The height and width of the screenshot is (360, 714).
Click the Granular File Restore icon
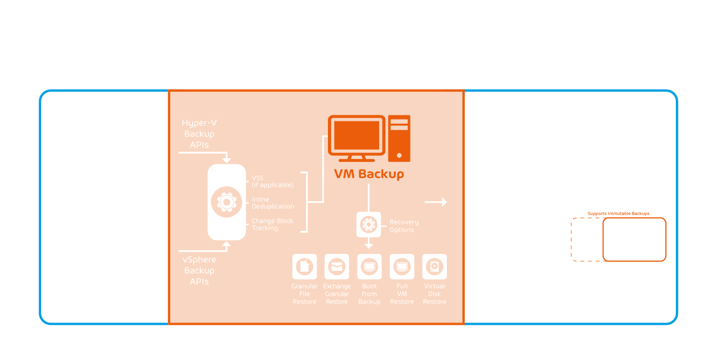pos(305,267)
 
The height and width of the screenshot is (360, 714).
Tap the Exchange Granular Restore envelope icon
pos(337,267)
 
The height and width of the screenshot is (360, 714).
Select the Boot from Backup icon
pos(369,267)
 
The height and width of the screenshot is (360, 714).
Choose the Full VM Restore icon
pos(402,267)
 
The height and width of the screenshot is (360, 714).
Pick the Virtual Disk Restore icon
pos(434,267)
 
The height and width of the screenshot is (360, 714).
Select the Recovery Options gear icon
pos(369,224)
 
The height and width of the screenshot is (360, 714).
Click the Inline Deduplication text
pos(273,203)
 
